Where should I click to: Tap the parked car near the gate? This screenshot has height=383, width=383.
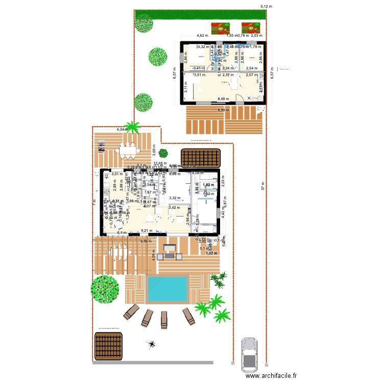pos(250,353)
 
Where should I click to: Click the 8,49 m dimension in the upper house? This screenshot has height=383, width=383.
pos(223,99)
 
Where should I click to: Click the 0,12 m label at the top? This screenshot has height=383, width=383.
pos(266,7)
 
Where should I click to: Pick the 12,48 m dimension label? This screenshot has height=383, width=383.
pos(160,163)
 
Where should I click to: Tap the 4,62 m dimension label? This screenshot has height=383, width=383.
pos(203,36)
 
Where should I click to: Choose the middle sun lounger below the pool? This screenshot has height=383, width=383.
pos(164,319)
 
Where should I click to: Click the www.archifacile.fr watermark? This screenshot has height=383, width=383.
pos(271,375)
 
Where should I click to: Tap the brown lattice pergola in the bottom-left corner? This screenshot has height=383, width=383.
pos(108,346)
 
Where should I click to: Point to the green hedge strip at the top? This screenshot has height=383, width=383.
pos(199,15)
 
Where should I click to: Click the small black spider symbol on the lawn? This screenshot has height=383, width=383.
pos(151,345)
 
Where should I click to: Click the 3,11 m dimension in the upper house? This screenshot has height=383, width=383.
pos(186,87)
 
